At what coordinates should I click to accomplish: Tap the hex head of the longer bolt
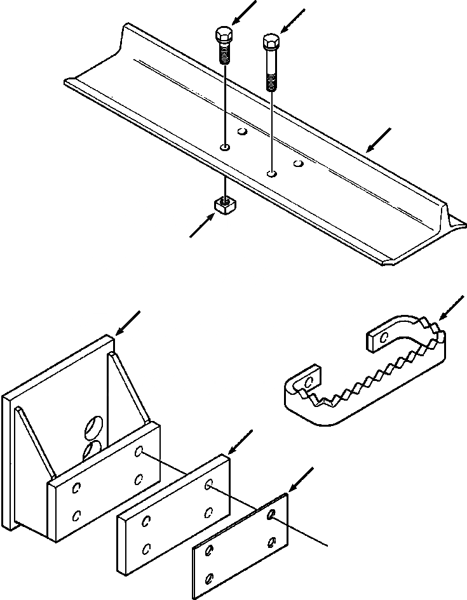click(271, 43)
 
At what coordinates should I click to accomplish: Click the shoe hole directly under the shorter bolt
click(225, 147)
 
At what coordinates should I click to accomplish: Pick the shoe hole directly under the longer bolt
click(271, 172)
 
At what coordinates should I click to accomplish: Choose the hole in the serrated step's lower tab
click(309, 382)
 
